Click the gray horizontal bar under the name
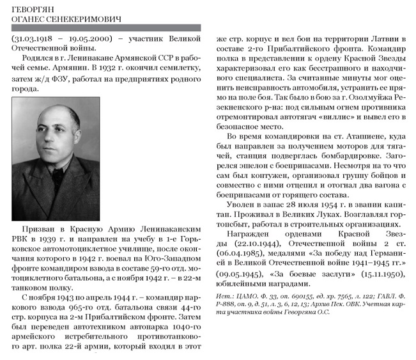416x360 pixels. [x=106, y=28]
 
